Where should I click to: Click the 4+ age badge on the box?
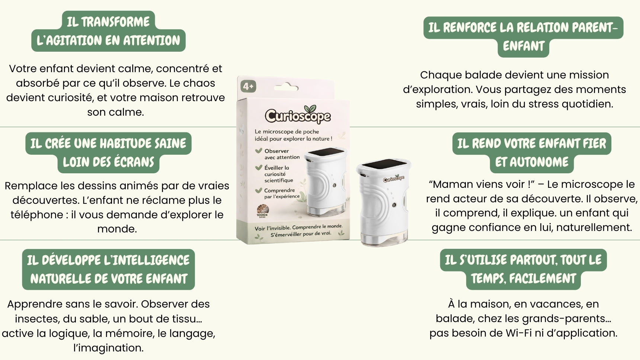coord(248,86)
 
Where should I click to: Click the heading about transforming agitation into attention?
coord(108,31)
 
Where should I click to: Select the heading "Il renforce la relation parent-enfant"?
coord(523,37)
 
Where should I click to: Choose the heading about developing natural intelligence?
coord(108,269)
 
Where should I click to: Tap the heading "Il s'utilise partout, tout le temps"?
coord(523,269)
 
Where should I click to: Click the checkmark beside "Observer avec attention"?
coord(259,151)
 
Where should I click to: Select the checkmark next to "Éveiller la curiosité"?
coord(259,167)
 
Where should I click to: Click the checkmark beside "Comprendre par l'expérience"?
coord(259,190)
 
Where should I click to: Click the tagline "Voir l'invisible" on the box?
coord(273,228)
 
